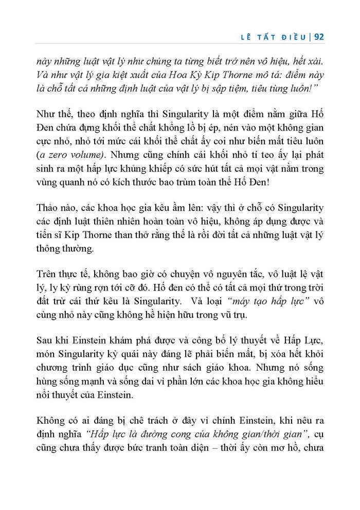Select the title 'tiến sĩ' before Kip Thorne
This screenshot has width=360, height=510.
click(50, 235)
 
